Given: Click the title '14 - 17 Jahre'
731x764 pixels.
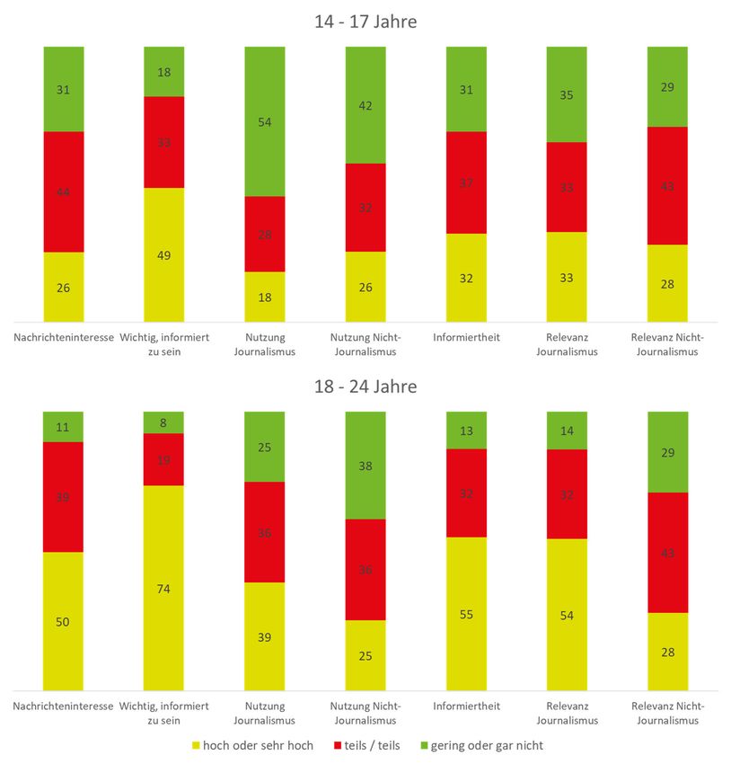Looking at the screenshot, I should [365, 22].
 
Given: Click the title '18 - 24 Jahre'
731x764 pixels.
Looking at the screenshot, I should [365, 386].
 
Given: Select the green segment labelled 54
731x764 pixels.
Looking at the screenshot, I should [265, 121].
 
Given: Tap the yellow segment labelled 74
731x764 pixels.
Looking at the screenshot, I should [164, 588].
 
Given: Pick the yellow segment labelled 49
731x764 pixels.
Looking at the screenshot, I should [164, 254].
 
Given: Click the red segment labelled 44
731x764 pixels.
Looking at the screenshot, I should [64, 191].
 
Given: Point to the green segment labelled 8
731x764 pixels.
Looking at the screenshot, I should [164, 422].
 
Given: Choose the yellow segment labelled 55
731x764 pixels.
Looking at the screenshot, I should [466, 614].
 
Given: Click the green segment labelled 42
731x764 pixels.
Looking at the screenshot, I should [365, 105].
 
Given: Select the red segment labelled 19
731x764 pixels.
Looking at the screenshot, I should [164, 459].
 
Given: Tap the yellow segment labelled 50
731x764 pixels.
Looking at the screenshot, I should [64, 621].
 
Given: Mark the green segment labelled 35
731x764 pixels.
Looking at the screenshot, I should [567, 94].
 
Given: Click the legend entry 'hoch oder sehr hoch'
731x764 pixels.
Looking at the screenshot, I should [253, 745].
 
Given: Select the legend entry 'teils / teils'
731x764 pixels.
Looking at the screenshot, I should [369, 745].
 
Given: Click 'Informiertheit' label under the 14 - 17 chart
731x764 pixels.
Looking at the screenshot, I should [466, 337].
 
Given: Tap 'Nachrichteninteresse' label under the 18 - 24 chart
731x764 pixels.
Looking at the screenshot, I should [64, 706].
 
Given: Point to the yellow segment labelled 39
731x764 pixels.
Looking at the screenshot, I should [265, 636].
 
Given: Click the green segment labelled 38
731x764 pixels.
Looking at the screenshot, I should [365, 466].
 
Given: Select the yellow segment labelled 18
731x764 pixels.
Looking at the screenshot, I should [265, 297].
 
